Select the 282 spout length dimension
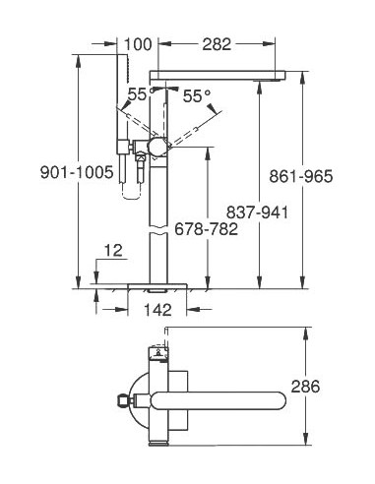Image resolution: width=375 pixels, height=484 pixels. [x=219, y=43]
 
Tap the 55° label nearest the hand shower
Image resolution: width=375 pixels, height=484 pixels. [x=136, y=93]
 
